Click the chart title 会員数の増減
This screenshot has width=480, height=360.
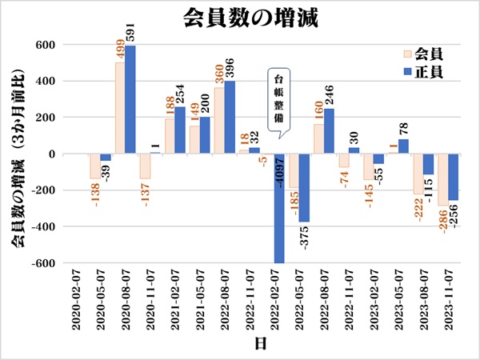(x=239, y=16)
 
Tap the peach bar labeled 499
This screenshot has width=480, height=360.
(x=119, y=108)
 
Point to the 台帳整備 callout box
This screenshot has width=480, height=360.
(x=279, y=99)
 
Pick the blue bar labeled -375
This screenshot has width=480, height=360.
(x=304, y=188)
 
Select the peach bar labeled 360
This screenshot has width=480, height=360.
(x=218, y=121)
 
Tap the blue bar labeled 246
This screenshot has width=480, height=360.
(x=329, y=131)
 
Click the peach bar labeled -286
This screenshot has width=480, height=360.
(x=442, y=179)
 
